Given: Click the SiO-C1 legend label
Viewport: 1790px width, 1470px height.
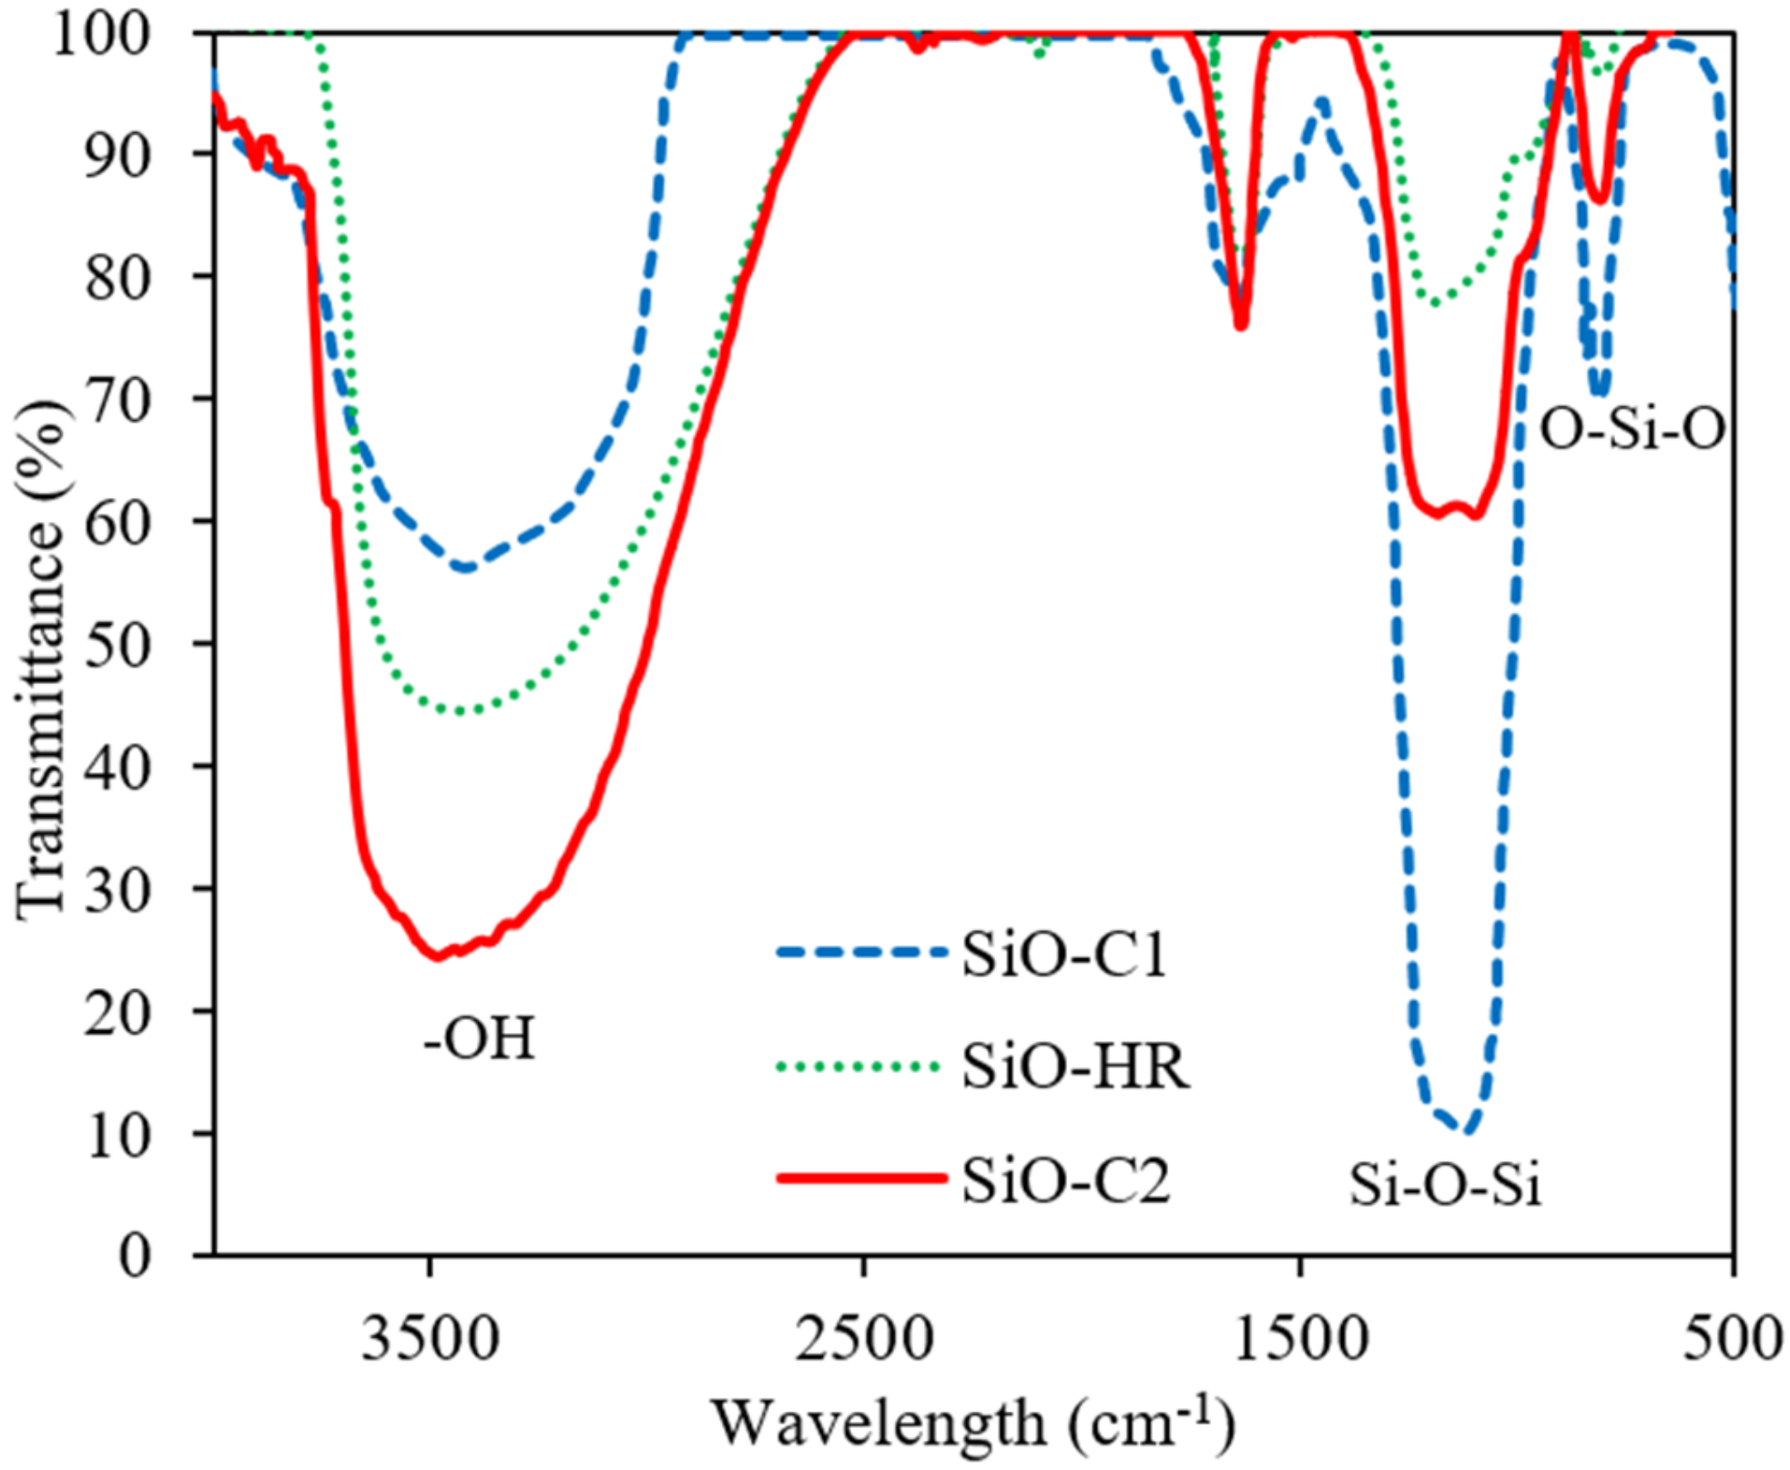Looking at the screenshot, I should point(1063,955).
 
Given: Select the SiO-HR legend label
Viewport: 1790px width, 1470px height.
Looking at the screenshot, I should point(1075,1067).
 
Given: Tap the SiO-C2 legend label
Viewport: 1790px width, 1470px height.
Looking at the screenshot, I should point(1065,1180).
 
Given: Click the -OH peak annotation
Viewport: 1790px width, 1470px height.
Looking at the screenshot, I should point(480,1038).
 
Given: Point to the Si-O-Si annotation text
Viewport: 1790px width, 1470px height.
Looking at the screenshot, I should point(1445,1186).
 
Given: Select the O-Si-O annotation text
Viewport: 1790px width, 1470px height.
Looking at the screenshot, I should point(1632,428).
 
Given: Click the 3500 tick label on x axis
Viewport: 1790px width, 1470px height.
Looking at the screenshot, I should point(431,1339).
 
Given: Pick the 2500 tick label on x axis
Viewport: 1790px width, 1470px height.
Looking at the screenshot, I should point(864,1339).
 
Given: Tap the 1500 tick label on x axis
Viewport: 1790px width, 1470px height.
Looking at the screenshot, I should point(1299,1339).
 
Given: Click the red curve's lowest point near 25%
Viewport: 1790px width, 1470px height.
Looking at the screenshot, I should point(438,956).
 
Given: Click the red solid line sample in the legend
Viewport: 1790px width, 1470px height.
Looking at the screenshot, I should point(861,1179).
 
